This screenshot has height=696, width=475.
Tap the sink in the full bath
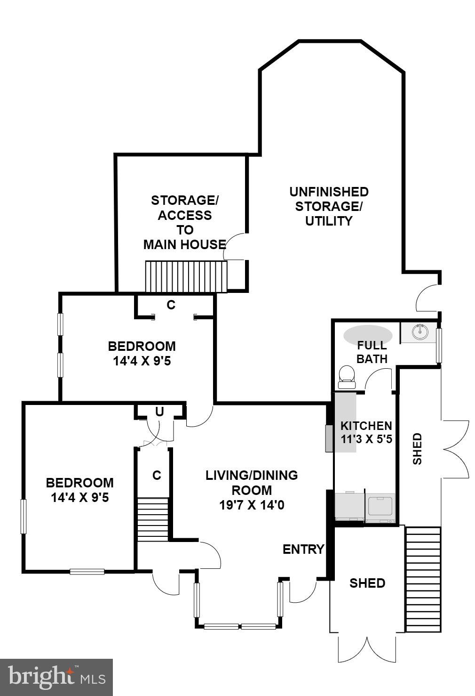(x=420, y=332)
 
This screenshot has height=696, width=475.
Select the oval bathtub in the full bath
(x=367, y=335)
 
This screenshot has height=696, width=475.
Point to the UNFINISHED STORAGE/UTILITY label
(x=329, y=206)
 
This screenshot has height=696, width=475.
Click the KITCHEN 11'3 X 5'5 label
(x=366, y=432)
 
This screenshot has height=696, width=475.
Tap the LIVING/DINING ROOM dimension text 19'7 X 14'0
(x=252, y=505)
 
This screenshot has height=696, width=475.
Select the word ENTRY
(x=303, y=549)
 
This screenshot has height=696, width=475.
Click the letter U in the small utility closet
(x=159, y=412)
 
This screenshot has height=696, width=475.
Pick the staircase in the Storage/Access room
(x=186, y=276)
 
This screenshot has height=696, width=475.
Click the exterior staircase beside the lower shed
(x=423, y=579)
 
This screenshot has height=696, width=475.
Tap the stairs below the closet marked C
(x=152, y=519)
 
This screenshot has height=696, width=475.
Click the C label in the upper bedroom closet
(x=171, y=305)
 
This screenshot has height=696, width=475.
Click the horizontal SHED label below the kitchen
(x=367, y=583)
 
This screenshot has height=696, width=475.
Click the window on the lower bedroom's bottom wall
(x=87, y=572)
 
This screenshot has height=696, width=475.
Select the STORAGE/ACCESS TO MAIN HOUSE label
(x=184, y=222)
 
